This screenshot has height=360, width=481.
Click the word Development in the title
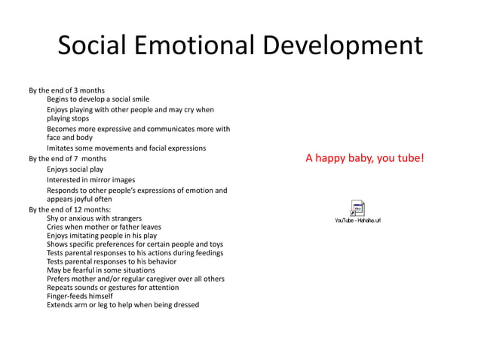[343, 46]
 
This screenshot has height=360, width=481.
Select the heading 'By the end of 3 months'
[66, 90]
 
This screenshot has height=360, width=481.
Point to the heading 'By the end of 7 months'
[67, 159]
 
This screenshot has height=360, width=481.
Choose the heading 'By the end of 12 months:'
[69, 209]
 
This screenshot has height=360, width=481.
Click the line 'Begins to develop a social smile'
[98, 99]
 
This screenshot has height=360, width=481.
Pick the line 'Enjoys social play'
[75, 169]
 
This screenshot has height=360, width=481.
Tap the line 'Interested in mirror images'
[91, 180]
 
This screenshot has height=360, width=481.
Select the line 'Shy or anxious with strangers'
[94, 218]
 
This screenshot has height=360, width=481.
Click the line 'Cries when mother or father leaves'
[104, 227]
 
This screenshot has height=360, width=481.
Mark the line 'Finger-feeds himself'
[79, 296]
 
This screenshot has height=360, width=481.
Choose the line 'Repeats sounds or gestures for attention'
[113, 288]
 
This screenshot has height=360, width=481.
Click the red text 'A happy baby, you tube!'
[365, 158]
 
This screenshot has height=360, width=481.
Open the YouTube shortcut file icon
[357, 209]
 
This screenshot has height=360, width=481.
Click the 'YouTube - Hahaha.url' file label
[357, 220]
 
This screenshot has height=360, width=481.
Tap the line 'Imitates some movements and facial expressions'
[126, 148]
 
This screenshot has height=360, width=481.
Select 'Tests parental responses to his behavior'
[112, 261]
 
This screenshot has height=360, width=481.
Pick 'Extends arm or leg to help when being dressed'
[123, 305]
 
